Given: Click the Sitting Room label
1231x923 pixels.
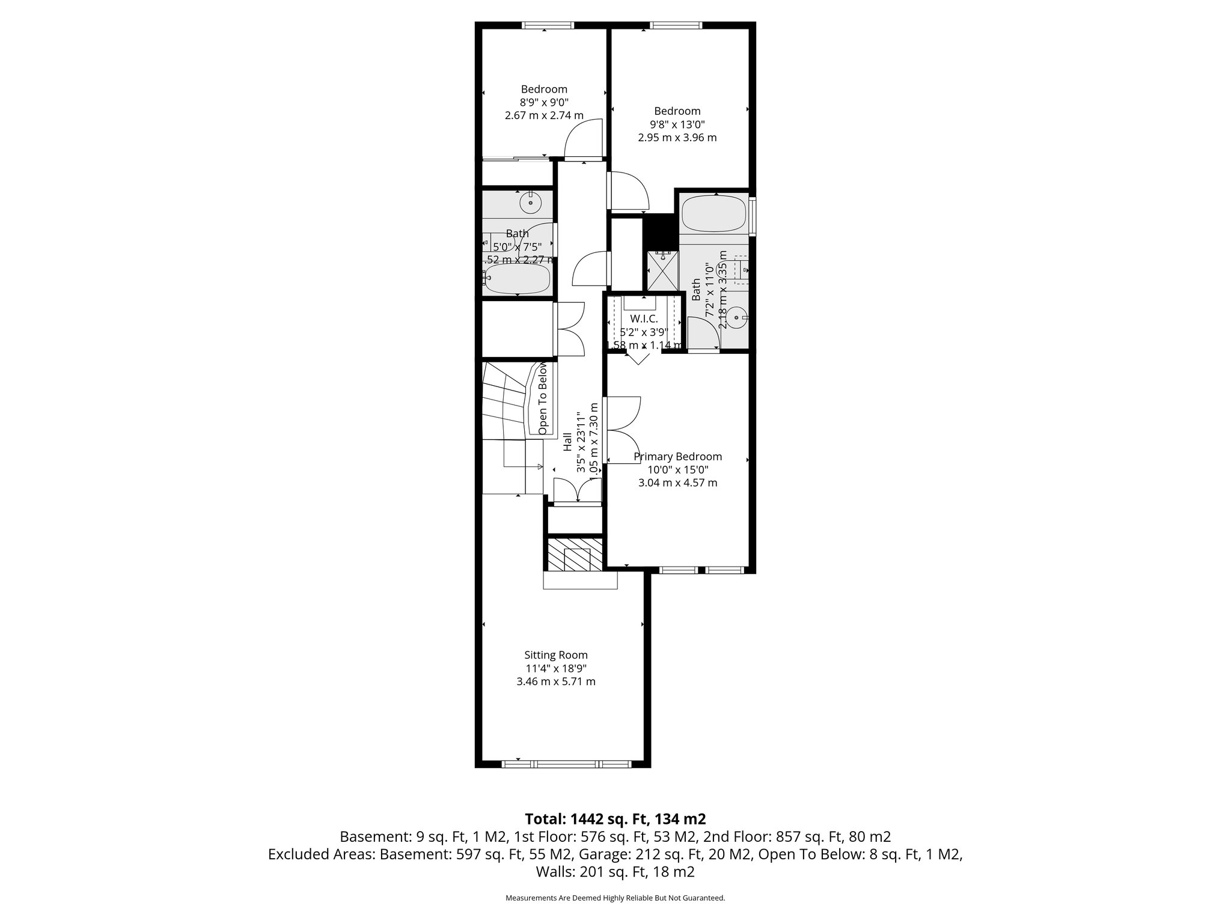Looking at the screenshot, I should tap(555, 655).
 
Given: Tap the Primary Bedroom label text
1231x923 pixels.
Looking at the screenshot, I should tap(677, 457).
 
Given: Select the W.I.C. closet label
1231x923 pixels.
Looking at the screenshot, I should tap(644, 318).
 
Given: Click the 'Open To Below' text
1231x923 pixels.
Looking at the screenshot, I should tap(543, 398).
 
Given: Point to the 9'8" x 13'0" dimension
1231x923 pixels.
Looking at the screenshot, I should tap(677, 124).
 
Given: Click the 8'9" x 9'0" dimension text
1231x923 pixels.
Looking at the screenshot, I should tap(543, 102).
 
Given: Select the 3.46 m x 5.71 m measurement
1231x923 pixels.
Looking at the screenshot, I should tap(555, 681).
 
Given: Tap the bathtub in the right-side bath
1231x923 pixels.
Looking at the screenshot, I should tap(714, 214).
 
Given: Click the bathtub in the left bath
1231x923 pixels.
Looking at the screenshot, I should tap(518, 279).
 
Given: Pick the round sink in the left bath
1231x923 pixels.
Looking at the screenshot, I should tap(531, 202).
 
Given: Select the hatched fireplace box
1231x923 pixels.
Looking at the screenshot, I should tap(575, 554).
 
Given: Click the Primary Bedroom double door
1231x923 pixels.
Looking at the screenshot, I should tap(623, 430).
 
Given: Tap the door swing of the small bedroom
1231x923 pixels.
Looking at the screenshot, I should tap(582, 138).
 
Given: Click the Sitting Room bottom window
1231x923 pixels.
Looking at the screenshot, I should tap(566, 764).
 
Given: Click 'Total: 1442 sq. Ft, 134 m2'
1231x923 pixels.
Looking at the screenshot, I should tap(615, 819).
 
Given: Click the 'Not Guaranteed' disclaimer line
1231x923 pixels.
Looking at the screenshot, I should tap(615, 898).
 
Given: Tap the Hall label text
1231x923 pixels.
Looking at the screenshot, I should tap(567, 442).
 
